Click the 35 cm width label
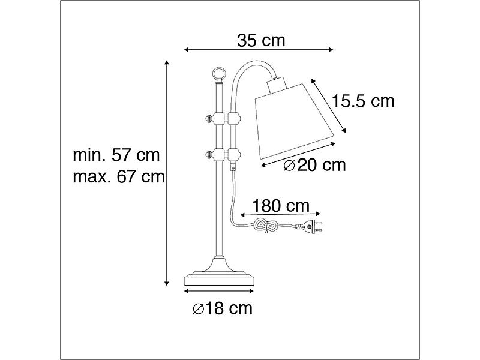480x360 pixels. pyautogui.click(x=260, y=41)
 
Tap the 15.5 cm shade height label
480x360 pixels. pyautogui.click(x=364, y=101)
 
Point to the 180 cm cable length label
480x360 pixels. pyautogui.click(x=281, y=206)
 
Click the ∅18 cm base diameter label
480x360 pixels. pyautogui.click(x=222, y=309)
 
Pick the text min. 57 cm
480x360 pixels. pyautogui.click(x=116, y=155)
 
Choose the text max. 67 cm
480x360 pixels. pyautogui.click(x=118, y=176)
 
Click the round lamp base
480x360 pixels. pyautogui.click(x=219, y=278)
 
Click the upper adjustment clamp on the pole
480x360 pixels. pyautogui.click(x=220, y=118)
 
